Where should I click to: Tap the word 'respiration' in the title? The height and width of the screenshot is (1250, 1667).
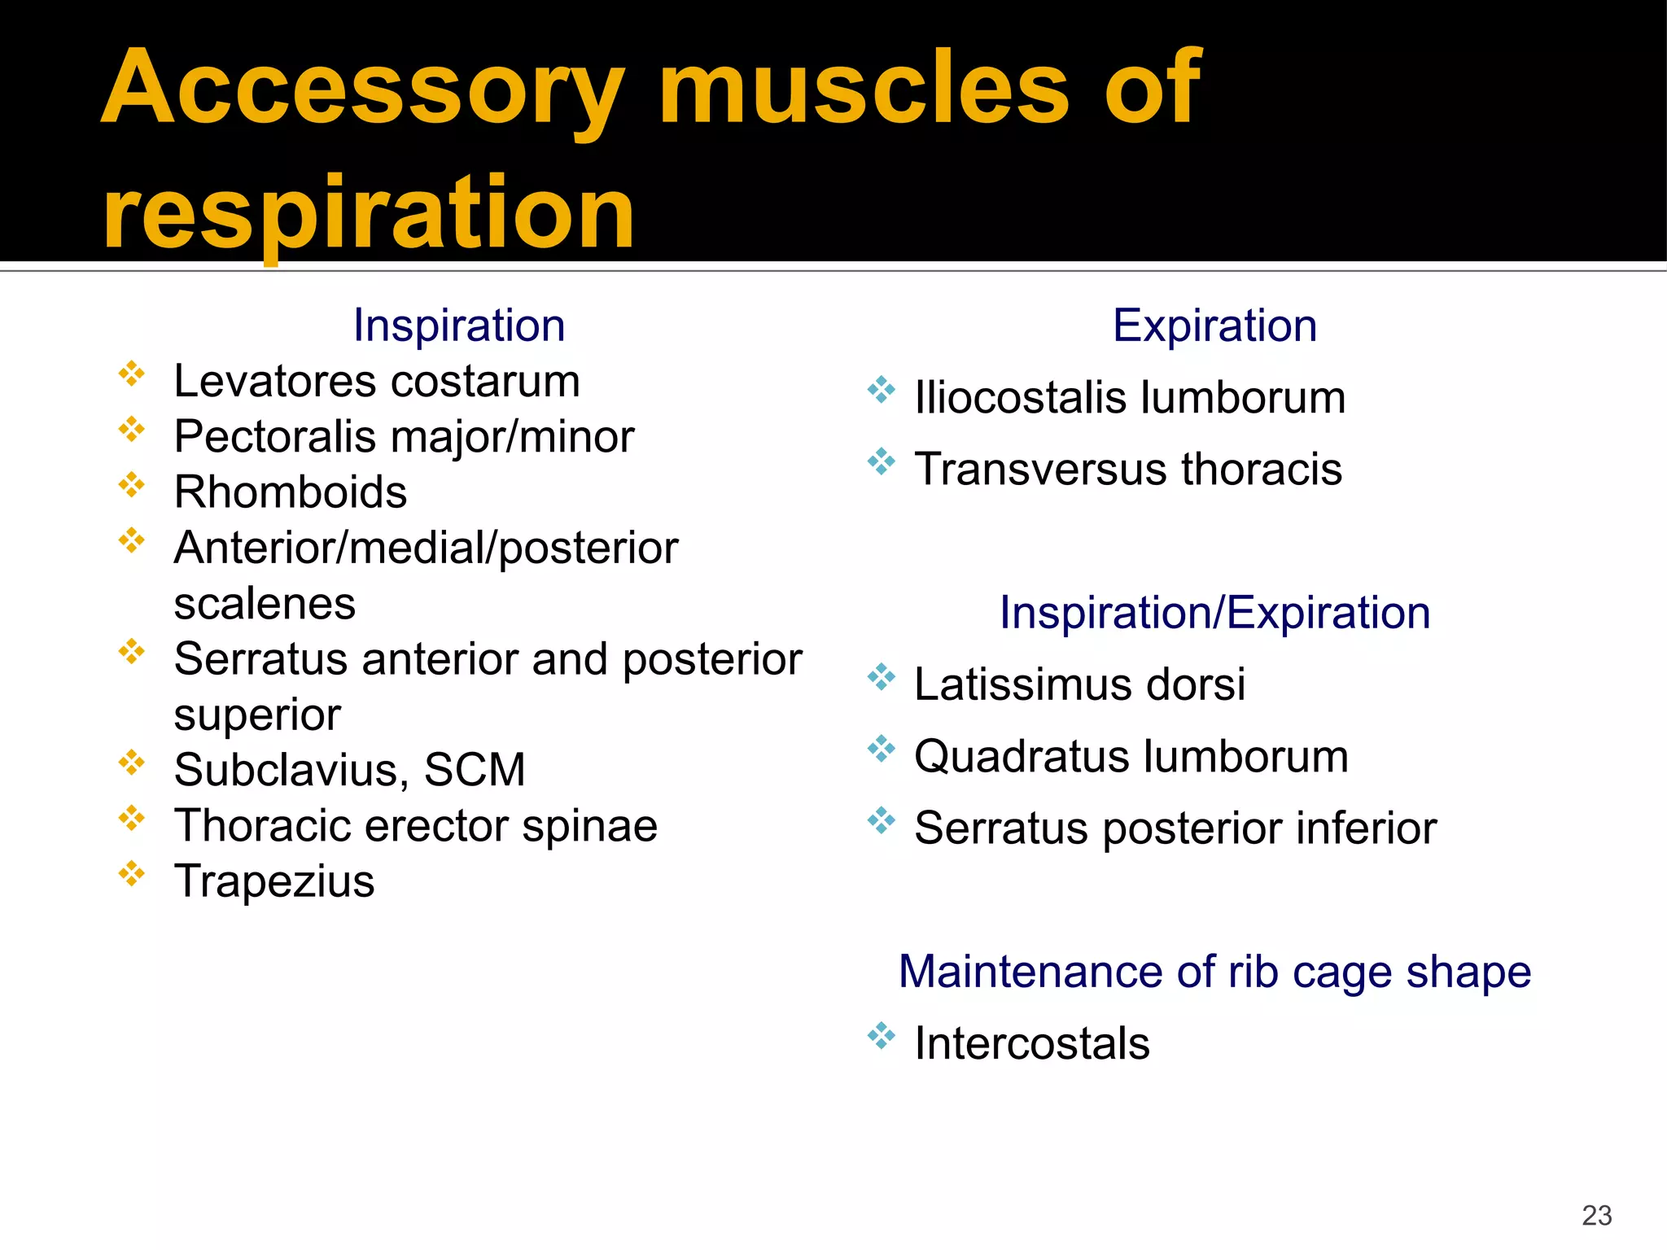368,213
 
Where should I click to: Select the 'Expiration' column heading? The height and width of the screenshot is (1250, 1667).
1214,326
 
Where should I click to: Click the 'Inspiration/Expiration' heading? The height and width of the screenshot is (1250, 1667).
1214,612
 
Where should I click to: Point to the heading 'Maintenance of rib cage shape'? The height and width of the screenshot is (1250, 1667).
1214,972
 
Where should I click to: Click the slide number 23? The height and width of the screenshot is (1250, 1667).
1596,1215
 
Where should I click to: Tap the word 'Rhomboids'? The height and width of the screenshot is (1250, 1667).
291,492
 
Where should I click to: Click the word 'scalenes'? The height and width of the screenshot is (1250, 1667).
265,604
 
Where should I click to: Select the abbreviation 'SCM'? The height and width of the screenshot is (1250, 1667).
475,770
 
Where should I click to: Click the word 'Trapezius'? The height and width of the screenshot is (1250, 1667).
274,881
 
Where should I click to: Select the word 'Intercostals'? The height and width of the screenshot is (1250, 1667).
1031,1043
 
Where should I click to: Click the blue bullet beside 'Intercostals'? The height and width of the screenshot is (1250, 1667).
881,1036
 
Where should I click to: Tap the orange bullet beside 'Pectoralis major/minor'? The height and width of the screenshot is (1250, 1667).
131,429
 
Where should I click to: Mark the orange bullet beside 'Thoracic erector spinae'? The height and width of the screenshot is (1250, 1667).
131,818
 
